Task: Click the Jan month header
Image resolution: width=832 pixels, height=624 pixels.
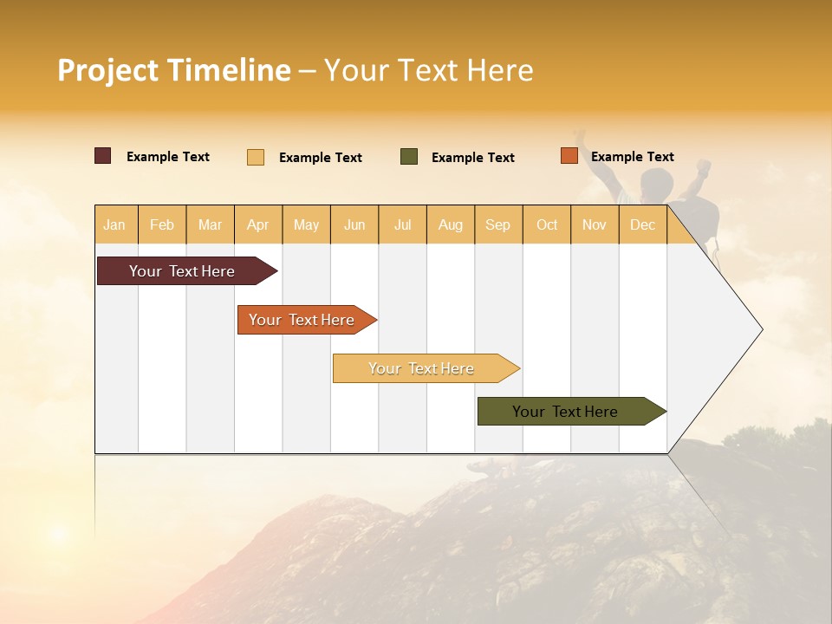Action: (115, 224)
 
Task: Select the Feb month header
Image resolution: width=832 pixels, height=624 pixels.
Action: (162, 224)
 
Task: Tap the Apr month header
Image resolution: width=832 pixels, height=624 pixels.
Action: (258, 224)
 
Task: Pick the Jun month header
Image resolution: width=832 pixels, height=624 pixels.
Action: (354, 224)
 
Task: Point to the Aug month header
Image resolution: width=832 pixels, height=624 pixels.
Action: (451, 224)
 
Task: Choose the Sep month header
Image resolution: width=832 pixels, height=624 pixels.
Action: (498, 224)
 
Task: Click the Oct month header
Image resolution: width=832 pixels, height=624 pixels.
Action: (547, 224)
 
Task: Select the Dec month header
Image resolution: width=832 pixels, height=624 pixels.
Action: (643, 224)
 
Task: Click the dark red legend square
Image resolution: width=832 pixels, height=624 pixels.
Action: (103, 156)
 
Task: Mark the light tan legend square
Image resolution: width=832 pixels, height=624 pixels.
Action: (256, 157)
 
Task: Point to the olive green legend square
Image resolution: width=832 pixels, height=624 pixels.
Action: (409, 157)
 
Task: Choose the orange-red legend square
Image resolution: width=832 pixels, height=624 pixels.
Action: (569, 156)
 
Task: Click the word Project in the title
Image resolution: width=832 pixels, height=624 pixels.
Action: (107, 70)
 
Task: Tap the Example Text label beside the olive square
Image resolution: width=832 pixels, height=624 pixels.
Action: (473, 158)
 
